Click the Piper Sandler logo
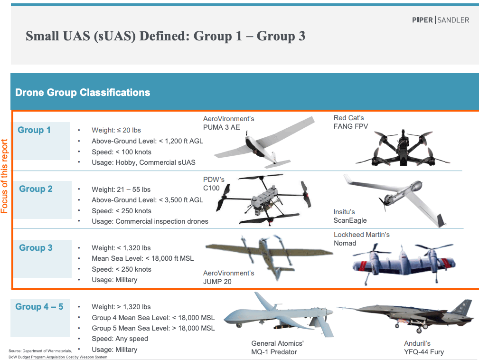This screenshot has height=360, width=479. pyautogui.click(x=441, y=20)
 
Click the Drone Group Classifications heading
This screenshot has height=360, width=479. pyautogui.click(x=83, y=92)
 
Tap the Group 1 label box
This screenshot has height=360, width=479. pyautogui.click(x=42, y=141)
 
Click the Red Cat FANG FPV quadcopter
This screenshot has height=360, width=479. pyautogui.click(x=403, y=148)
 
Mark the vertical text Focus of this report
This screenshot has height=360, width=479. pyautogui.click(x=4, y=176)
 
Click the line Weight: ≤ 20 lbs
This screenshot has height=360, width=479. pyautogui.click(x=116, y=130)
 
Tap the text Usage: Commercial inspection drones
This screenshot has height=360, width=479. pyautogui.click(x=150, y=221)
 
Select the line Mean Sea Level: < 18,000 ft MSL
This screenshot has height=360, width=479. pyautogui.click(x=143, y=258)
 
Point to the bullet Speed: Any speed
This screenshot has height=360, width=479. pyautogui.click(x=120, y=339)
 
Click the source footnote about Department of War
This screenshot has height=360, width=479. pyautogui.click(x=58, y=354)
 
